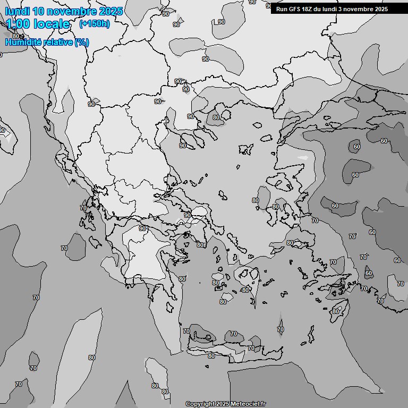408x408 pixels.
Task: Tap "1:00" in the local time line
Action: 19,24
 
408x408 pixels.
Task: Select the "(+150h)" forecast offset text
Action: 94,24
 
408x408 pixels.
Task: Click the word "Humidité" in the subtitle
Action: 23,42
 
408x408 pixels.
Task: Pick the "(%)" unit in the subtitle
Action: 81,42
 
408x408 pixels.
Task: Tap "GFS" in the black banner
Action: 296,9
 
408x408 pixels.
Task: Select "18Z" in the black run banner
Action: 310,9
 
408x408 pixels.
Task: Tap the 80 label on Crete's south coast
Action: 211,356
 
